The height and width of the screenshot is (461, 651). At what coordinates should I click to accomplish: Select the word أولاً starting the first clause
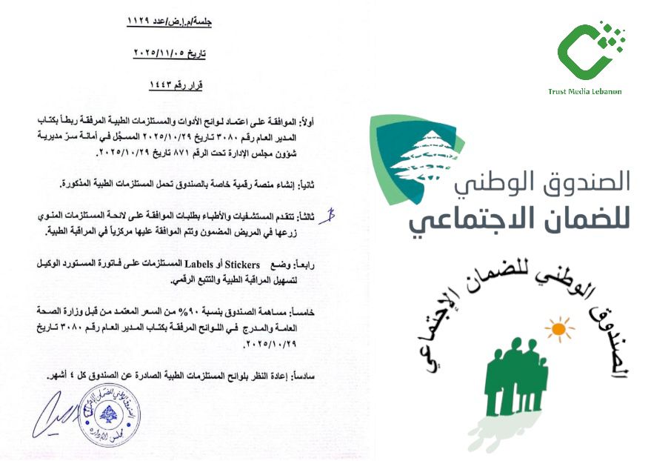point(325,119)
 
